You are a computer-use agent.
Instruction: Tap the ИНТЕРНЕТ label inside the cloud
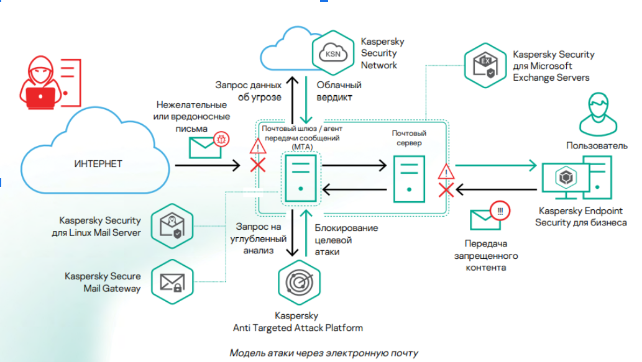(98, 164)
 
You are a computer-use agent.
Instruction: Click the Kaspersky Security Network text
(382, 53)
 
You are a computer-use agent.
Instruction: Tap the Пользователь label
(597, 145)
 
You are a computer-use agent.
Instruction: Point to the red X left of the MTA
(257, 166)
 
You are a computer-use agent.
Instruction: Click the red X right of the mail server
(446, 189)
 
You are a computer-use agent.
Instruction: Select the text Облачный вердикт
(339, 91)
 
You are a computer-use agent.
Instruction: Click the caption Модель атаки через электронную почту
(324, 353)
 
